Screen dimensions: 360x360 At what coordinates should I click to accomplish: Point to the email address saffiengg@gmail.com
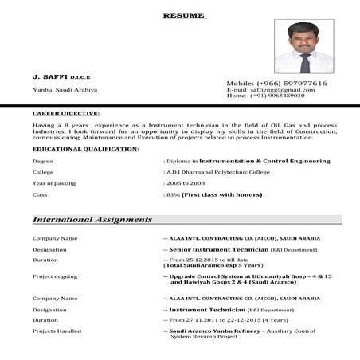point(282,89)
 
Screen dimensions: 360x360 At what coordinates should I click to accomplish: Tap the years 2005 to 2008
point(185,183)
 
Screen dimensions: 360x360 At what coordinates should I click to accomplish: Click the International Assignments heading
point(92,219)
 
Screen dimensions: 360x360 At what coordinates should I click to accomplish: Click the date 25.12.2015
point(198,260)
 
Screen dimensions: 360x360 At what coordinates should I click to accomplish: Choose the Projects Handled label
point(57,331)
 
